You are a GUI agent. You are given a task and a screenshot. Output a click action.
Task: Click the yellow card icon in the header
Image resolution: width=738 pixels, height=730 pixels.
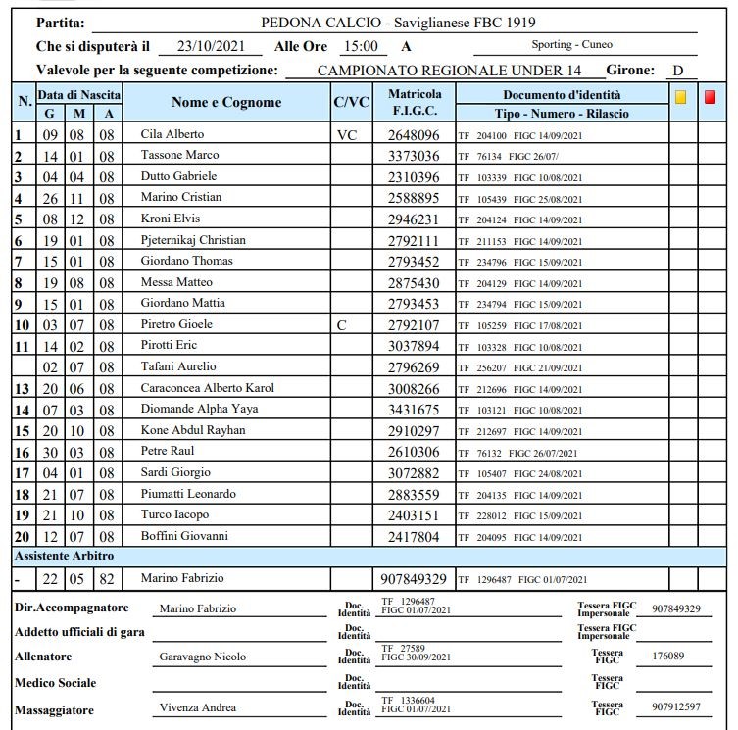click(x=681, y=97)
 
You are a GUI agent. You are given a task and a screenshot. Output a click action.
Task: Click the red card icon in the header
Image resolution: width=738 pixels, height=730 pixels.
click(x=711, y=97)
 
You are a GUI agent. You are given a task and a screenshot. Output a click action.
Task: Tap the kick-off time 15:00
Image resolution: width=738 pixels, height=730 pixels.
click(x=360, y=46)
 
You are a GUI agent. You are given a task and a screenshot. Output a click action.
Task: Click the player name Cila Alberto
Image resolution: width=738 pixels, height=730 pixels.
click(x=172, y=134)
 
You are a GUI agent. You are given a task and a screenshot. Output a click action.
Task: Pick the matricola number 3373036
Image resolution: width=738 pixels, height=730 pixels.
click(x=414, y=156)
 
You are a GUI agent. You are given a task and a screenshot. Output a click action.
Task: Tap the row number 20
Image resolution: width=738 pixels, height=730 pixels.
click(x=22, y=537)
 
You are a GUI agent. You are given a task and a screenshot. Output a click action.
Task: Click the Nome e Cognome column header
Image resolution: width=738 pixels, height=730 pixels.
click(x=226, y=102)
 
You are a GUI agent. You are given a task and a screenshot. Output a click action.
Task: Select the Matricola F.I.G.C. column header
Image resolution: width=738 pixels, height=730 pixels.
click(x=415, y=103)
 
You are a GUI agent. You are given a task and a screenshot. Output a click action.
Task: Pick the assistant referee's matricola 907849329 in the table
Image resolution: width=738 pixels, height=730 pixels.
click(x=414, y=579)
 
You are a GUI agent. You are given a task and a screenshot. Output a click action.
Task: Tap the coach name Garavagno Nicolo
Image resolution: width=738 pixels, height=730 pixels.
click(x=203, y=657)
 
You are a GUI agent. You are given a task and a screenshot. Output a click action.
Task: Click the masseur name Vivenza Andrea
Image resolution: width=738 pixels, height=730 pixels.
click(x=197, y=707)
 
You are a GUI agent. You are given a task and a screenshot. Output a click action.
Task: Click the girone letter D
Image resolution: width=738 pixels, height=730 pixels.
click(x=677, y=71)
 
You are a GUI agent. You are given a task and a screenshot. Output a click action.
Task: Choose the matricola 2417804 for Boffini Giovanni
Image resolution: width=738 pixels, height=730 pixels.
click(x=414, y=537)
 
